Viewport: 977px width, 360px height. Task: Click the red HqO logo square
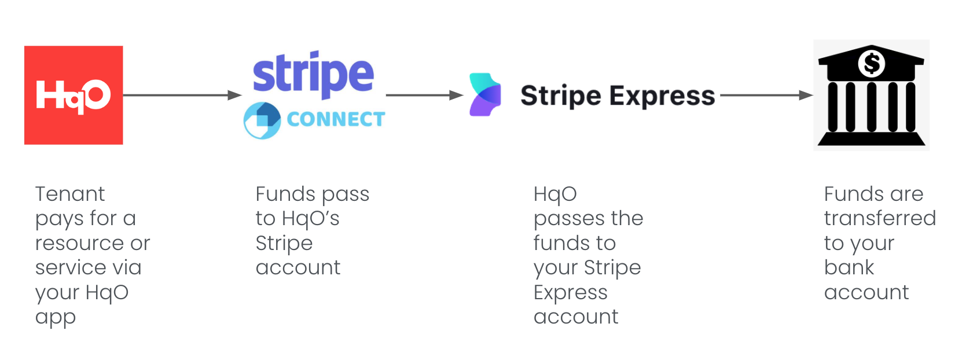click(74, 95)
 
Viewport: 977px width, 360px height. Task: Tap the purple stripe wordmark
click(313, 74)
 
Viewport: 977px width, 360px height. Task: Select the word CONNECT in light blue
click(336, 119)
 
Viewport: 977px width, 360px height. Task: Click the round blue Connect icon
click(262, 120)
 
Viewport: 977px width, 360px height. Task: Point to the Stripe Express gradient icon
click(485, 95)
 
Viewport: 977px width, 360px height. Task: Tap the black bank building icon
click(872, 95)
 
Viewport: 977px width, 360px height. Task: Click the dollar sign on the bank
click(872, 64)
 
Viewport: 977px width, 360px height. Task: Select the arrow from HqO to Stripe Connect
click(183, 95)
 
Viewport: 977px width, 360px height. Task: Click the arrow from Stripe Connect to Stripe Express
click(425, 95)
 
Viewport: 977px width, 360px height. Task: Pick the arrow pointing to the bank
click(767, 95)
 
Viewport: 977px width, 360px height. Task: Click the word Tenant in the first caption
click(70, 194)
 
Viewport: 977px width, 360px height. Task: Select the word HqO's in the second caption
click(310, 219)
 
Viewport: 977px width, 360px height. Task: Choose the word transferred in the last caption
click(880, 218)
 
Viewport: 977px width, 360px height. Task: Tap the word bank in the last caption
click(849, 267)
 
